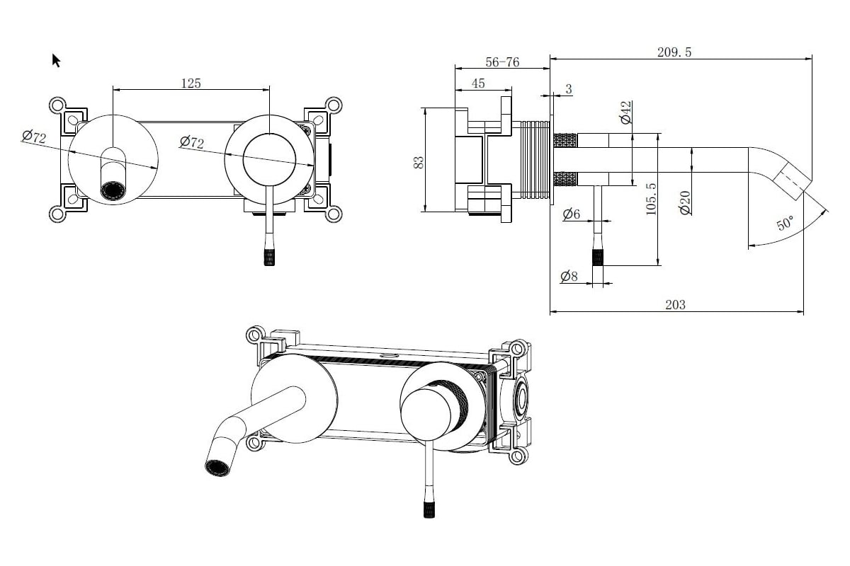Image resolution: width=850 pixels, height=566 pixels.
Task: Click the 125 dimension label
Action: pos(191,83)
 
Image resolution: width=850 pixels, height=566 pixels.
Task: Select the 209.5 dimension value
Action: pos(674,52)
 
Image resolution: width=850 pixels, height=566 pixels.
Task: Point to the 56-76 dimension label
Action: pos(502,62)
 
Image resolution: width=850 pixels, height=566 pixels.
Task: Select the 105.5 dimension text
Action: pos(652,199)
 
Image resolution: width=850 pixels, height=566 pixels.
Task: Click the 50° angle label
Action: pos(786,223)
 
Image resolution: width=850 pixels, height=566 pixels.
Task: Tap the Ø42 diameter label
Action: pos(625,112)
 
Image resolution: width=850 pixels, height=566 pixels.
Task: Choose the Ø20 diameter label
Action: pos(685,202)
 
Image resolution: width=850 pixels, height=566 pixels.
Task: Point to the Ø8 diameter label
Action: pos(569,276)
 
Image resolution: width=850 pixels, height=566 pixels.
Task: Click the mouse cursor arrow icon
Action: pos(56,60)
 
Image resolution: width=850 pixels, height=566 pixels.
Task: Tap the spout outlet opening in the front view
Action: pos(112,190)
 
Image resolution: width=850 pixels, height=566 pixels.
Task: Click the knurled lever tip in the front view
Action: pos(269,257)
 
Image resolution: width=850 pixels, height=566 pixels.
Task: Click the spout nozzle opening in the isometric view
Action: pos(217,468)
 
